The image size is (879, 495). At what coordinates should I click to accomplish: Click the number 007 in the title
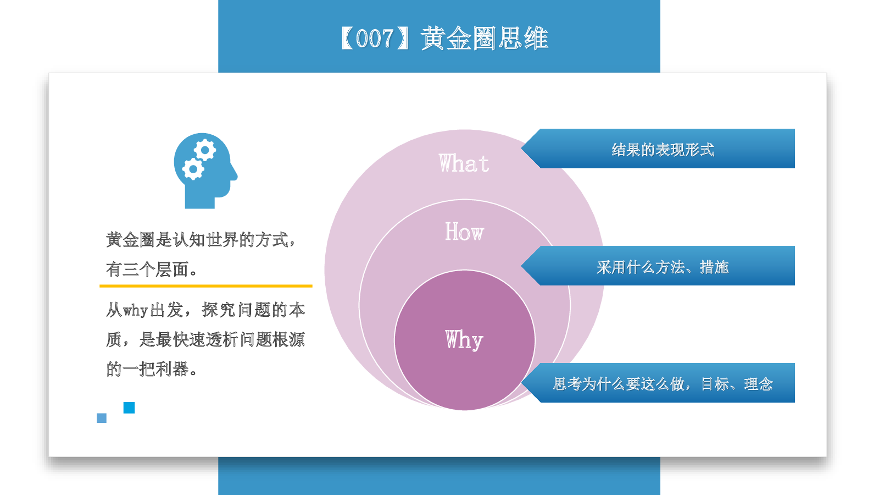coord(374,38)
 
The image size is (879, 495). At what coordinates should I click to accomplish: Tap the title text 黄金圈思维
coord(484,38)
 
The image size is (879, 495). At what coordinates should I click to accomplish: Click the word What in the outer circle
coord(464,163)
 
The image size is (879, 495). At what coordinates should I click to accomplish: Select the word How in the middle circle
coord(464,232)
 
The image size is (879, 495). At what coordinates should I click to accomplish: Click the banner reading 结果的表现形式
coord(658,148)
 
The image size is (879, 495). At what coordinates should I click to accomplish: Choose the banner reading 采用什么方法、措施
coord(658,266)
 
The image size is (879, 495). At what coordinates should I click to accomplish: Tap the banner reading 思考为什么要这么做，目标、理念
coord(658,383)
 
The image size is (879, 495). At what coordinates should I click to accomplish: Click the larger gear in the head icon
coord(205,150)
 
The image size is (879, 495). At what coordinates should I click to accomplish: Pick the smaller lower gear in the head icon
coord(193,169)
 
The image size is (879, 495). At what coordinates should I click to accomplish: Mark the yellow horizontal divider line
coord(206,286)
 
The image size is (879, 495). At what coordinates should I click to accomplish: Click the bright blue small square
coord(129,408)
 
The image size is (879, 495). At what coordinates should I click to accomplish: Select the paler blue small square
coord(102,418)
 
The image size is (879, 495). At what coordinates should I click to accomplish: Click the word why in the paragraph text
coord(135,311)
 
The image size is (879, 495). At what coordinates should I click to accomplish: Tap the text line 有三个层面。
coord(152,269)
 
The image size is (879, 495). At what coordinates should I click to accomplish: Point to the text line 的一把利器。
coord(152,369)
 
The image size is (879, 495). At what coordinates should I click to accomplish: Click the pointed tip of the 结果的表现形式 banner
coord(522,148)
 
